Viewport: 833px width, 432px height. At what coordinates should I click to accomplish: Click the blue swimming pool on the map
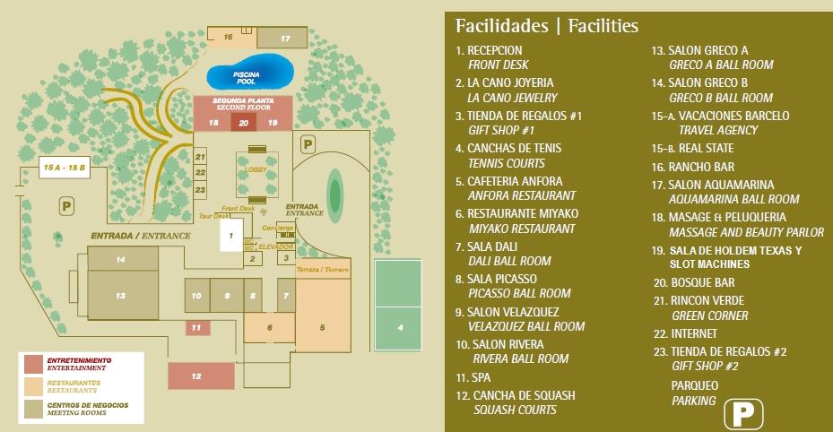click(250, 73)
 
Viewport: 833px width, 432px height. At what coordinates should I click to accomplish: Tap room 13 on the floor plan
click(121, 295)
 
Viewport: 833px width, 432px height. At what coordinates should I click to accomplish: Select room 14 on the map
click(121, 259)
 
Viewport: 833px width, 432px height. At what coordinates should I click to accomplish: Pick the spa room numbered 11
click(196, 328)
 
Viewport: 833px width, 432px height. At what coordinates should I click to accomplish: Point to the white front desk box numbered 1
click(230, 236)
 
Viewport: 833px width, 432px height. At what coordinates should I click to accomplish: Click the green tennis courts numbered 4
click(401, 306)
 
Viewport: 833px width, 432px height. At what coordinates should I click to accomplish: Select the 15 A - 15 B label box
click(65, 168)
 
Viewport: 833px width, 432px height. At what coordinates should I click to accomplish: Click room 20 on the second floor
click(244, 123)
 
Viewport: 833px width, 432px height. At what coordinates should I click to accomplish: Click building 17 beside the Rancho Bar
click(284, 39)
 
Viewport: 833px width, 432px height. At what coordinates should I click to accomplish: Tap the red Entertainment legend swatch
click(33, 364)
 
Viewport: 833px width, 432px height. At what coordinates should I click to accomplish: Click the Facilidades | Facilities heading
click(546, 25)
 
